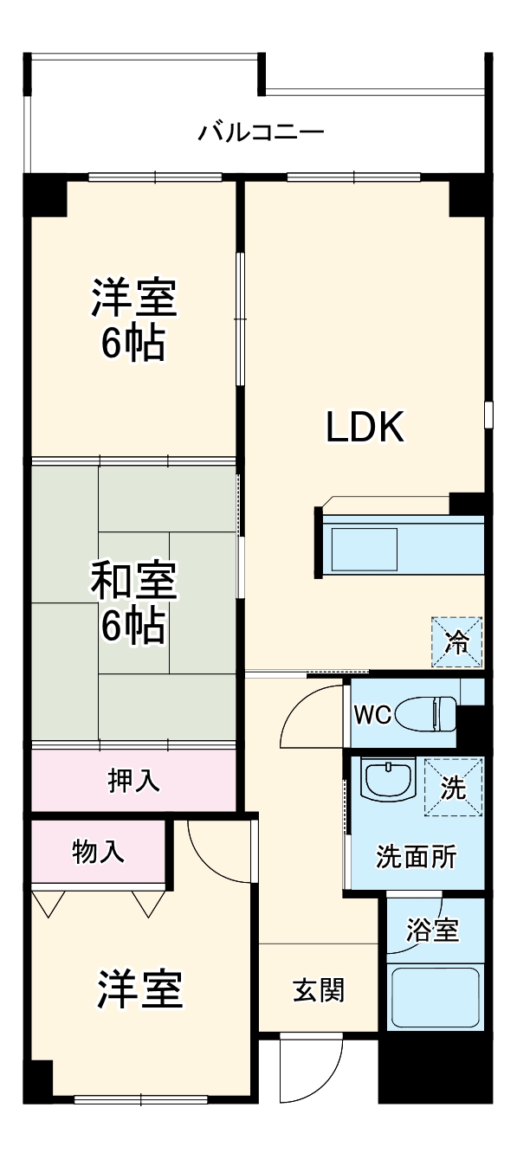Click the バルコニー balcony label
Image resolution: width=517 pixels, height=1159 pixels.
(261, 132)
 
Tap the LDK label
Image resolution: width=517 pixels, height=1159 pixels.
(365, 427)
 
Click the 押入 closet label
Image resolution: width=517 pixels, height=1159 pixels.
(134, 780)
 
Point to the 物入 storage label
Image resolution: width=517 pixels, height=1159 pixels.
(98, 852)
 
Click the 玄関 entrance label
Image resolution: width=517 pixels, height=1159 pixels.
(319, 988)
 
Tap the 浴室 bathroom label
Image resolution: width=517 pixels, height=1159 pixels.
(433, 930)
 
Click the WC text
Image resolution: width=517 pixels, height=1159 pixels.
(373, 714)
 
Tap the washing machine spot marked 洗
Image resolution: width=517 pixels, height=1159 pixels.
(453, 787)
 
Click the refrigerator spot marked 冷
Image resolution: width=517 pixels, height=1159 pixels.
(456, 641)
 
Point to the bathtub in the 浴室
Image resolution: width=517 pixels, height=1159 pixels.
(435, 996)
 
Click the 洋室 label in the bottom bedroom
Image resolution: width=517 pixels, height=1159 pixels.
(139, 988)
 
